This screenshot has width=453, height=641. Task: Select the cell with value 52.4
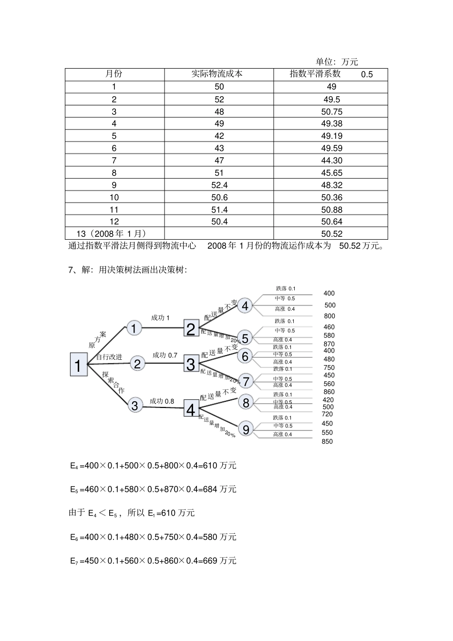pos(219,185)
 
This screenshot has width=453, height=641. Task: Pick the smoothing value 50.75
pos(332,112)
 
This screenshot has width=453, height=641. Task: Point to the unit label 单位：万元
pos(337,61)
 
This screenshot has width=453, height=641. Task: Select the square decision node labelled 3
pos(191,365)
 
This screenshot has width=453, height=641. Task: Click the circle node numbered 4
pos(245,305)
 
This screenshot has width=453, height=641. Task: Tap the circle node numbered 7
pos(246,381)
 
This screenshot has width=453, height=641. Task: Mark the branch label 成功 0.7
pos(165,355)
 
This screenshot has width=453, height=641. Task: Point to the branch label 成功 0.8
pos(162,401)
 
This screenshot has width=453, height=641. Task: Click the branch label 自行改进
pos(109,356)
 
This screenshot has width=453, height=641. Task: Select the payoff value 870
pos(329,344)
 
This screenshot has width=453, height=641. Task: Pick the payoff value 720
pos(327,414)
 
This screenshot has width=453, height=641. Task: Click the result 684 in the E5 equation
pos(211,489)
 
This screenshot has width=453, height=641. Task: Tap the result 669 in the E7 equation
pos(211,560)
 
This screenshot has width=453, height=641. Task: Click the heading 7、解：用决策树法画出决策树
pos(128,270)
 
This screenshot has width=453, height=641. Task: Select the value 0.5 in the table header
pos(367,74)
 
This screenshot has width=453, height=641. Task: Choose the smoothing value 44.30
pos(332,161)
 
